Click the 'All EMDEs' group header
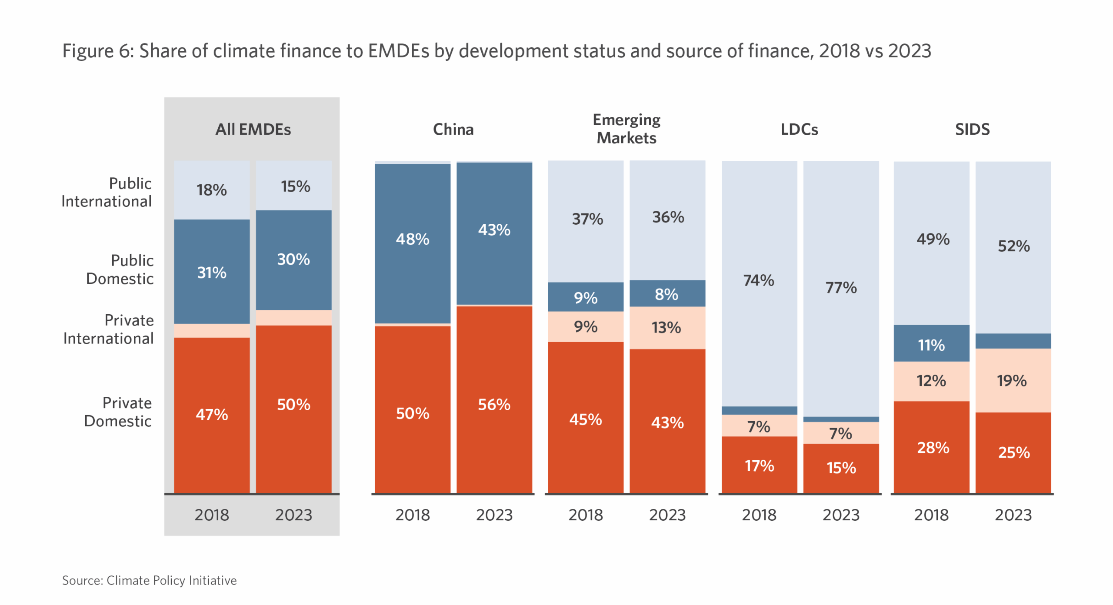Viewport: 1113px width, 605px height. pos(253,130)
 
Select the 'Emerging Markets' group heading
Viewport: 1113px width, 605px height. pos(626,129)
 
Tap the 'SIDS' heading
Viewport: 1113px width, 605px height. pos(972,130)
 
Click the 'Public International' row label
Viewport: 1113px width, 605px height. pos(107,192)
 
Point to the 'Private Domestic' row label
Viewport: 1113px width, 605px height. pos(118,412)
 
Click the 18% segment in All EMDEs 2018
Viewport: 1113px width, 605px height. pos(212,190)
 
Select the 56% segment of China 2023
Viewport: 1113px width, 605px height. pos(494,404)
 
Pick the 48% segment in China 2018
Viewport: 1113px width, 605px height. pos(412,239)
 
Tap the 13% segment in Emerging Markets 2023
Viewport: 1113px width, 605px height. pos(666,328)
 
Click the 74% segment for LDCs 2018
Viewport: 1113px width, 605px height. pos(759,281)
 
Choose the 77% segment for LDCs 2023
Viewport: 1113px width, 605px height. pos(841,288)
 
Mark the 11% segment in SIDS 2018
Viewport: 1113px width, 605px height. pos(931,345)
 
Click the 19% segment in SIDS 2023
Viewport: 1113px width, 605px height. pos(1013,381)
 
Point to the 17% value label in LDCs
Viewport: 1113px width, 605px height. pos(759,466)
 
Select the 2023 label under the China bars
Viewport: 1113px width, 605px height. pos(494,515)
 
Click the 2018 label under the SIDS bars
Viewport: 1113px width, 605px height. pos(931,515)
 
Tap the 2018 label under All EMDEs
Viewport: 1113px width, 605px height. pos(212,515)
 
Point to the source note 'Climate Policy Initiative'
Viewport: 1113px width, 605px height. pos(171,581)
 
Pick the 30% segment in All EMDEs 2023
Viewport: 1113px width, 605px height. pos(293,259)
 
